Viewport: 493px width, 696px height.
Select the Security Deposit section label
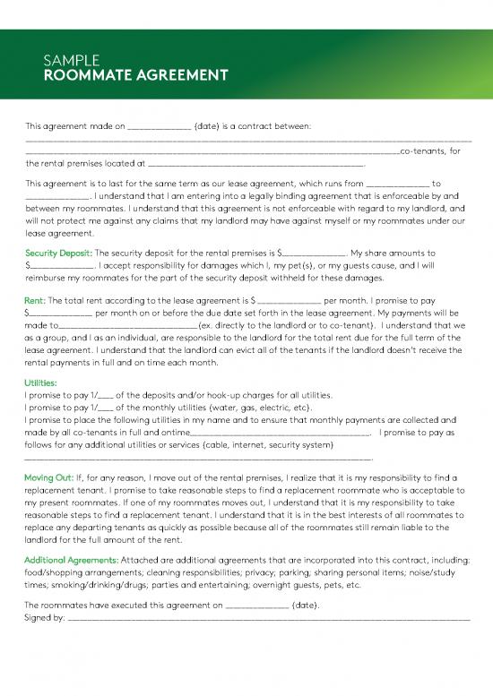click(x=59, y=253)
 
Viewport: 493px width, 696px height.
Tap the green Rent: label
click(x=36, y=300)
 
